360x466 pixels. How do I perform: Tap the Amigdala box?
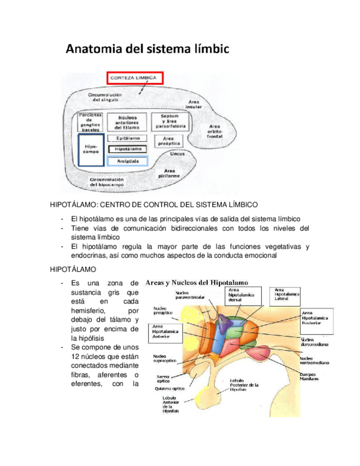coord(128,161)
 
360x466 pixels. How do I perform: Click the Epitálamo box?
coord(128,138)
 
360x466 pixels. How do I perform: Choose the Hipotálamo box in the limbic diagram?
coord(128,149)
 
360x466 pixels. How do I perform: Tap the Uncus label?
coord(177,156)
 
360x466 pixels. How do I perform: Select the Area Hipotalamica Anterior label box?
coord(165,332)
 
